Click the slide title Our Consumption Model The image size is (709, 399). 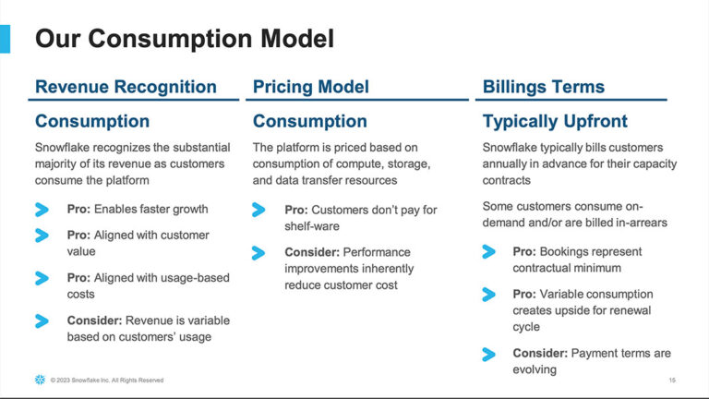point(184,39)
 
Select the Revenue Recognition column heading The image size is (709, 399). point(126,88)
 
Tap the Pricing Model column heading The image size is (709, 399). point(311,88)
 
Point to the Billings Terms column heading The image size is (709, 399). point(544,88)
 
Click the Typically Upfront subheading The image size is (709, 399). point(555,121)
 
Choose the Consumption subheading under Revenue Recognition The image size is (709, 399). point(92,121)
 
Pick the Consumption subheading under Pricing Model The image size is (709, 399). point(310,121)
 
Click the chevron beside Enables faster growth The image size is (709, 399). point(42,210)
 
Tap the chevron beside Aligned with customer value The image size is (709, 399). point(42,236)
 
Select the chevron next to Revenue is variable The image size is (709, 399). point(42,321)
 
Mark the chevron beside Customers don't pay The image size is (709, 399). point(259,210)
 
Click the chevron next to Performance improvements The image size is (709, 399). point(259,252)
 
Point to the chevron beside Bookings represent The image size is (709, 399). point(489,251)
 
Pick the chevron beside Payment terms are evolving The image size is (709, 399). point(489,353)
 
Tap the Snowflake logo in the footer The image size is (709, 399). point(39,380)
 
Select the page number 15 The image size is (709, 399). point(671,380)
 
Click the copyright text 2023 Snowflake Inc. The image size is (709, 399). point(101,380)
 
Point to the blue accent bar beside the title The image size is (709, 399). point(6,39)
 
